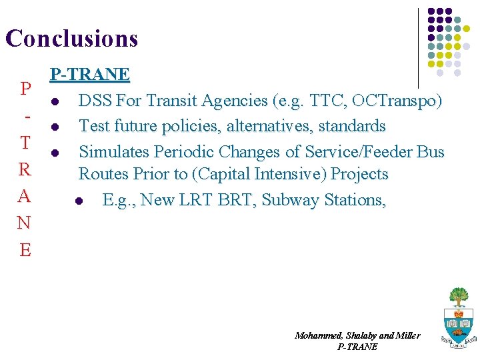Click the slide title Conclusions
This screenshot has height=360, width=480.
click(71, 38)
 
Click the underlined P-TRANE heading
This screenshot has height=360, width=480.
click(90, 73)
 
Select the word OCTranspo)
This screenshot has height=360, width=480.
click(398, 101)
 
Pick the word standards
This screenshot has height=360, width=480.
click(352, 126)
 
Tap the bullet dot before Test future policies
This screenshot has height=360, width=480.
click(54, 127)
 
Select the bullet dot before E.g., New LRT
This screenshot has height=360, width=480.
click(79, 201)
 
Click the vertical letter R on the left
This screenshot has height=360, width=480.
click(25, 169)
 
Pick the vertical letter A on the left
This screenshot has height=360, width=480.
click(25, 196)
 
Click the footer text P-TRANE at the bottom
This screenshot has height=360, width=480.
click(357, 347)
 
